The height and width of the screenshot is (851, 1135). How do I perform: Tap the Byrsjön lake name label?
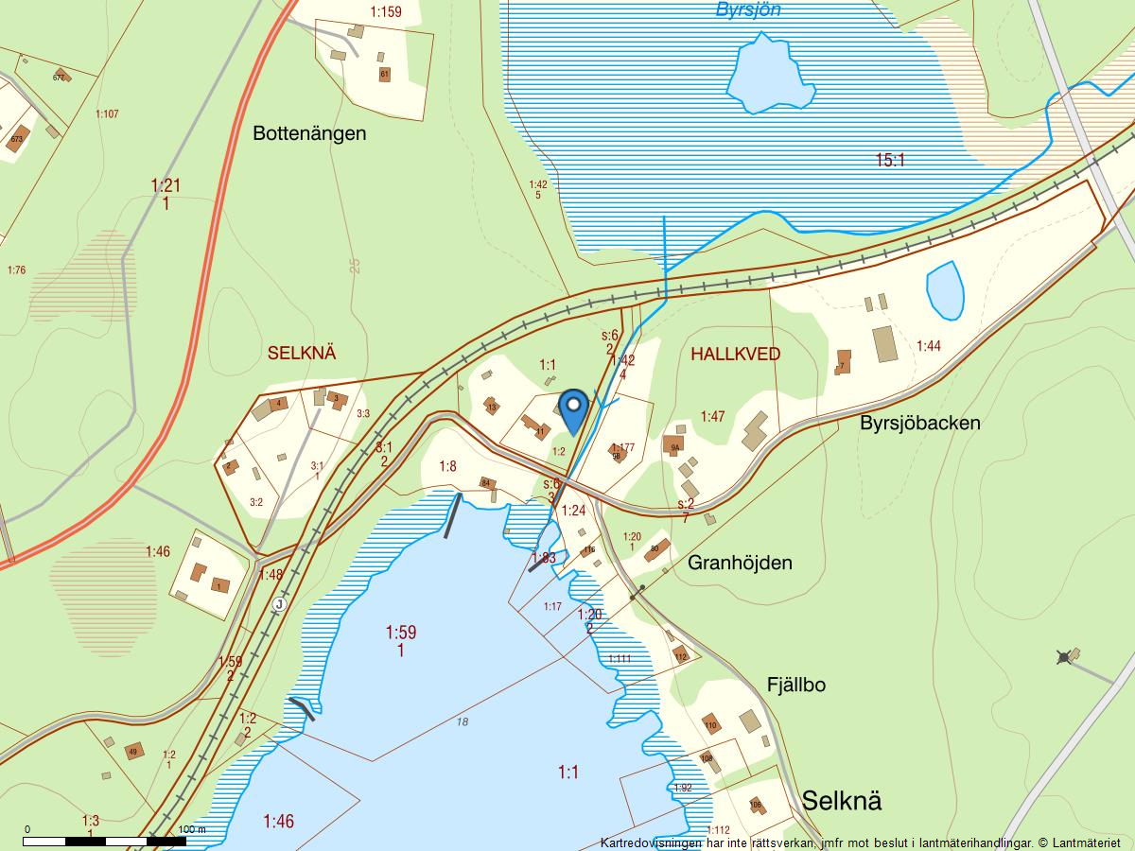click(x=748, y=10)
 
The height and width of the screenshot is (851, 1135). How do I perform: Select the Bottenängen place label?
click(x=309, y=133)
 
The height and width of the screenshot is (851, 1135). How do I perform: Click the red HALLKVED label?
click(x=736, y=355)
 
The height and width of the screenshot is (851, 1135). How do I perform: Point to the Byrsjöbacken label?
click(x=919, y=423)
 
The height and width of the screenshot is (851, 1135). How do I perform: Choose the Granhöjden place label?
click(x=740, y=563)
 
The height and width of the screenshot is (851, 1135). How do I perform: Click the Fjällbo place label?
click(x=795, y=685)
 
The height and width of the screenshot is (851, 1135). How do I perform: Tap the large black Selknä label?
click(x=842, y=800)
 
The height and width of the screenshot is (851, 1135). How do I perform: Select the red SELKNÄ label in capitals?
click(x=303, y=354)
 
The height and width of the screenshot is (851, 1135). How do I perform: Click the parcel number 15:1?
click(x=890, y=161)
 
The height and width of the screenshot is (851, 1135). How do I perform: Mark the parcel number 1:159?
click(x=386, y=12)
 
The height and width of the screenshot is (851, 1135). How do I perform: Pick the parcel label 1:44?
click(x=929, y=347)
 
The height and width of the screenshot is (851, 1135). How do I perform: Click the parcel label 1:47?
click(x=712, y=416)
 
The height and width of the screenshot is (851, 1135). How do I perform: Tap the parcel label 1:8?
click(x=448, y=465)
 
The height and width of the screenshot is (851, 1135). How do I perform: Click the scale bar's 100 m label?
click(x=191, y=829)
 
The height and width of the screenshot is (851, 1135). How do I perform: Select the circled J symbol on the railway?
click(x=279, y=604)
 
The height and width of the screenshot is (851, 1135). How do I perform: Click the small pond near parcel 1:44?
click(x=945, y=289)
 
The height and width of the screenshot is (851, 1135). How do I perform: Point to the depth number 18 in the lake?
click(x=462, y=721)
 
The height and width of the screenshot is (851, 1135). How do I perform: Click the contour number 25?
click(x=355, y=266)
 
